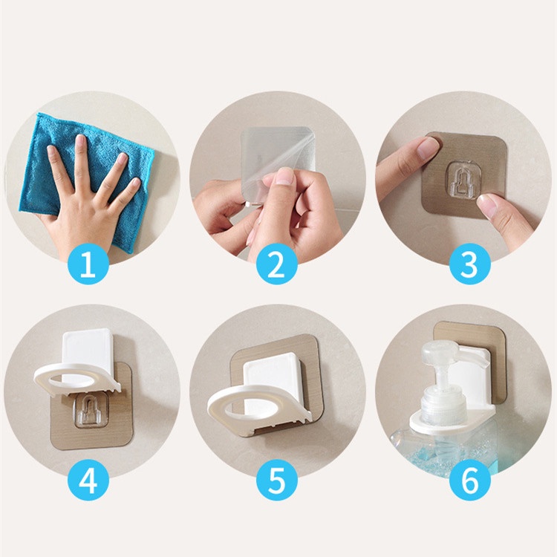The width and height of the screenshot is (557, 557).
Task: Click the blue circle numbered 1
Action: pos(88,264)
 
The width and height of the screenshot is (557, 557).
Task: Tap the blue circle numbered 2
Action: pos(277,264)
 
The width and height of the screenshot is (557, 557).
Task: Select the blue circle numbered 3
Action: pos(469,264)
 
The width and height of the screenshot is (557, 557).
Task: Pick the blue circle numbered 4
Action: pos(88,481)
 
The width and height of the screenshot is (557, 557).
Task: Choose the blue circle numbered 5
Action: pos(277,481)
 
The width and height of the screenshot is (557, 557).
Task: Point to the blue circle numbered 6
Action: pos(469,481)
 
